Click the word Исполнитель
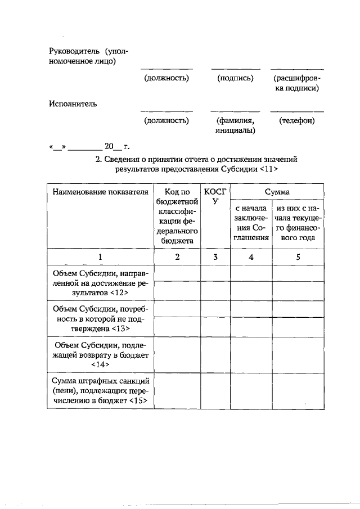pyautogui.click(x=73, y=103)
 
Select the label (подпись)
pyautogui.click(x=235, y=78)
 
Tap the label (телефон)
pyautogui.click(x=296, y=120)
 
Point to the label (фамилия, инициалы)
pyautogui.click(x=235, y=125)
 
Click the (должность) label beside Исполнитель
pyautogui.click(x=166, y=120)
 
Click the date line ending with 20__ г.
pyautogui.click(x=90, y=147)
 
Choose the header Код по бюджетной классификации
pyautogui.click(x=177, y=216)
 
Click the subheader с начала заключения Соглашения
pyautogui.click(x=250, y=223)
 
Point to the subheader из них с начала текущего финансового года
pyautogui.click(x=299, y=223)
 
